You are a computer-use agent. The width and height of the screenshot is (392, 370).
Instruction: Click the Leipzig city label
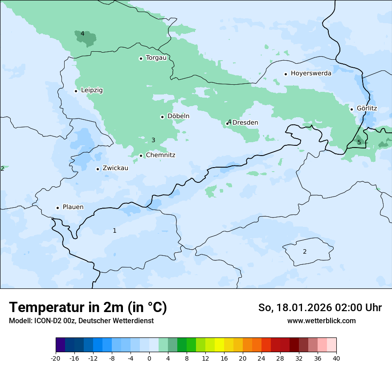[92, 90]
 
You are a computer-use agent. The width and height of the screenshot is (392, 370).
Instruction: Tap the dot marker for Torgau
[141, 58]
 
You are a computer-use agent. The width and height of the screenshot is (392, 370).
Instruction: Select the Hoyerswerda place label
[311, 73]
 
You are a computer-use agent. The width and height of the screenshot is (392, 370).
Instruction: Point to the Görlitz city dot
[351, 109]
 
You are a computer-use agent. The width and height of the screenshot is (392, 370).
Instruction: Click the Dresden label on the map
[245, 123]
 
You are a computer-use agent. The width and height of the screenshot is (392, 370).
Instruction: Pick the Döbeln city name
[178, 116]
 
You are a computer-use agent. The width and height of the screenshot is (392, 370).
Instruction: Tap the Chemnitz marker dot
[141, 156]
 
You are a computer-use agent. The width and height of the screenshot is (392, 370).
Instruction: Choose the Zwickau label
[115, 168]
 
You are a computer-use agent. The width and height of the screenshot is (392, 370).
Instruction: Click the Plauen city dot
[57, 208]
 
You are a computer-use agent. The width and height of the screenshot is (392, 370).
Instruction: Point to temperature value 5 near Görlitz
[359, 143]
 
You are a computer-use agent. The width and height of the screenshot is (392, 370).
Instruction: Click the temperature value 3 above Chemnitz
[153, 140]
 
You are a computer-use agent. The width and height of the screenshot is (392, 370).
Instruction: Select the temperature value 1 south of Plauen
[114, 230]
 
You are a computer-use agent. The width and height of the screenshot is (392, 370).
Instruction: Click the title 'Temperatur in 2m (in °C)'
[88, 308]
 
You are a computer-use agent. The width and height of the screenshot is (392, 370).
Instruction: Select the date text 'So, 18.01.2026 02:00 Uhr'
[320, 308]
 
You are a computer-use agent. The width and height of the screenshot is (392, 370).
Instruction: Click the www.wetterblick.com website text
[321, 321]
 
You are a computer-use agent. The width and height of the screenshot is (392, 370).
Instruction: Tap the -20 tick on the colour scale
[56, 358]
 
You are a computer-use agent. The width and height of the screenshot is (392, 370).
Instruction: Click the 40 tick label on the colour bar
[336, 358]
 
